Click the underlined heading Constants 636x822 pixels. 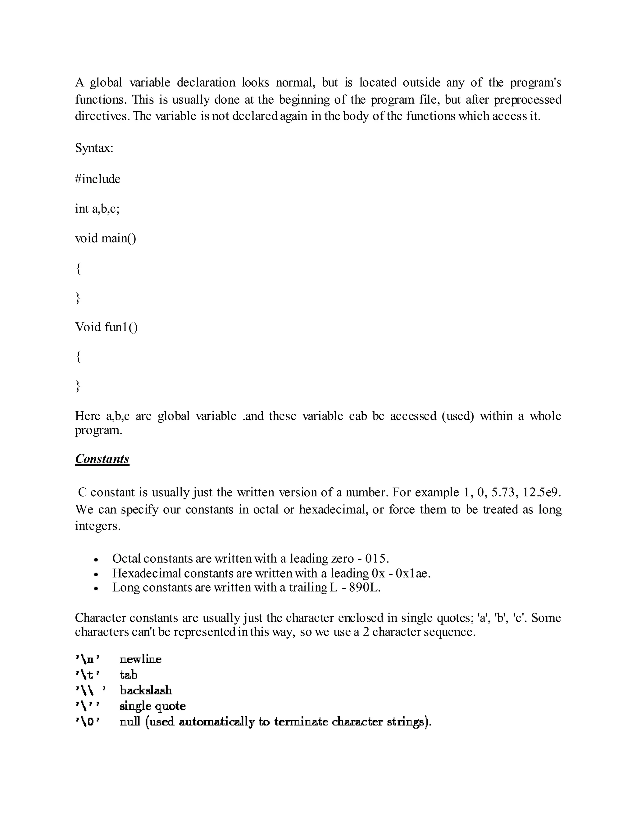[x=102, y=459]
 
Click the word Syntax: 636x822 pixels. [x=94, y=148]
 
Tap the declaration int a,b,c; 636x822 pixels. [x=97, y=208]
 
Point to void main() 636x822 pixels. [x=106, y=238]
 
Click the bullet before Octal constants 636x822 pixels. [x=97, y=560]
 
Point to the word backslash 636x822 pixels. [x=146, y=690]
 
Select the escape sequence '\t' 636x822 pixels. [x=88, y=675]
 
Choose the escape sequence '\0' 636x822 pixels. [x=88, y=721]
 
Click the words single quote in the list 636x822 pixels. [x=152, y=706]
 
